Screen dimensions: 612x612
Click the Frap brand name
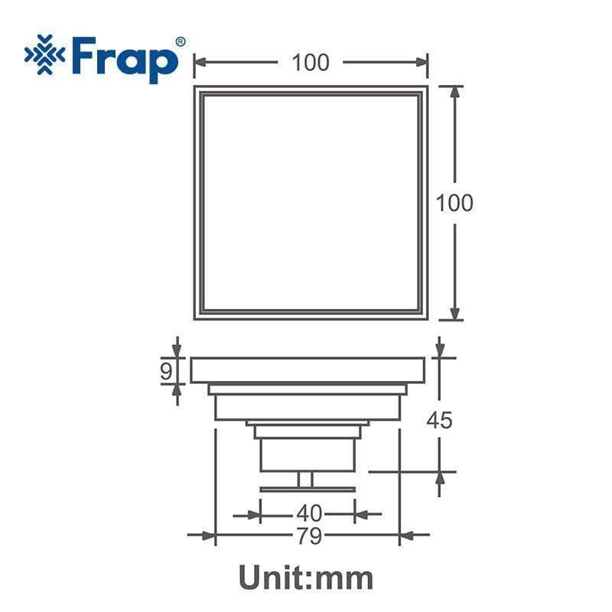[x=125, y=59]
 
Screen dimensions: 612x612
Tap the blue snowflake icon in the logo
[x=45, y=54]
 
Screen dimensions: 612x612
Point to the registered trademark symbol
[x=181, y=42]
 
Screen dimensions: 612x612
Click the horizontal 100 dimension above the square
[x=311, y=63]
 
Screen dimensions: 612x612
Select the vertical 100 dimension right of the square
[x=454, y=203]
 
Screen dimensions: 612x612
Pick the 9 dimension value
[x=166, y=371]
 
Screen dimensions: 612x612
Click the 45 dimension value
[x=439, y=420]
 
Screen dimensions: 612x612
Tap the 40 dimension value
[x=309, y=513]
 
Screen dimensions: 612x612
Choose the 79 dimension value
[x=309, y=536]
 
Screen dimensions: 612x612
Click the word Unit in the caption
[x=275, y=578]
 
